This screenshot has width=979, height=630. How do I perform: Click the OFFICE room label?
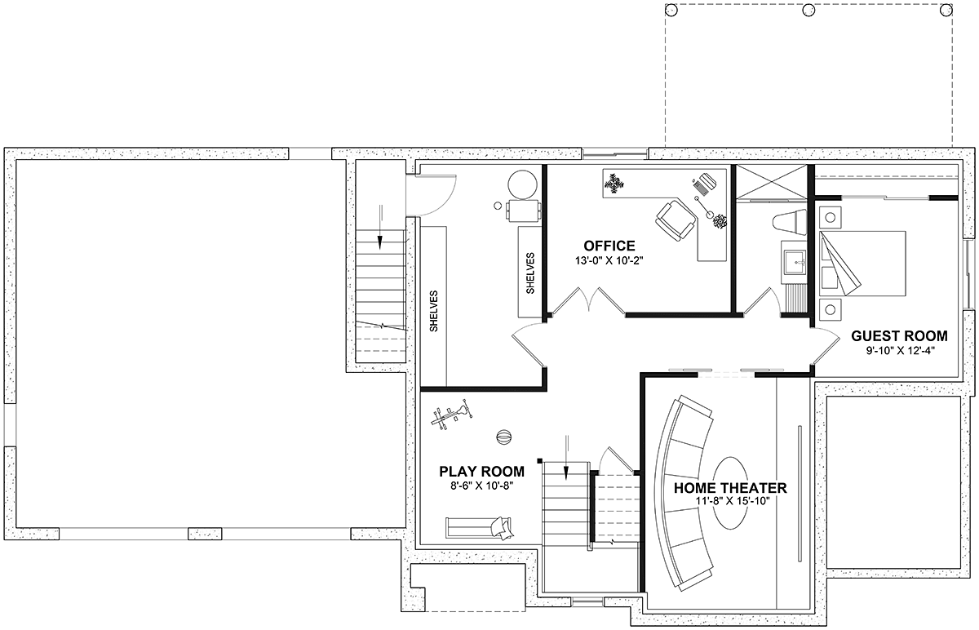point(609,246)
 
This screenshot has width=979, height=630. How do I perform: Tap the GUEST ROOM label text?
point(899,335)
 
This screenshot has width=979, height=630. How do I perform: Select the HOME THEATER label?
point(730,488)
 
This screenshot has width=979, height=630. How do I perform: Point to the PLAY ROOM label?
point(481,472)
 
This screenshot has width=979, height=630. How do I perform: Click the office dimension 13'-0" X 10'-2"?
point(609,261)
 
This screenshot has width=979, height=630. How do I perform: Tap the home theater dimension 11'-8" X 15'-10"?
point(733,501)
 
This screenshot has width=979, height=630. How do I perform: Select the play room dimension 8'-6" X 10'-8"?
point(481,486)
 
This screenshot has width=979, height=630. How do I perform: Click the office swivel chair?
point(676,219)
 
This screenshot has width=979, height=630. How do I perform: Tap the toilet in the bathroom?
point(790,221)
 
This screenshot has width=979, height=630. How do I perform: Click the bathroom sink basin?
point(795,261)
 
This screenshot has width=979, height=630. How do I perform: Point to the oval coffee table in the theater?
point(730,493)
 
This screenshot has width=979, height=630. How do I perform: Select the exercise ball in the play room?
point(503,437)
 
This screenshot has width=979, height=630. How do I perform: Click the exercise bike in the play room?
point(451,415)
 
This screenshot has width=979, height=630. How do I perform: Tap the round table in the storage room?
point(522,185)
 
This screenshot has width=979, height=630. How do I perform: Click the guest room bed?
point(862,264)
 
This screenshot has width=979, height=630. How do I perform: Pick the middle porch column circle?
point(808,10)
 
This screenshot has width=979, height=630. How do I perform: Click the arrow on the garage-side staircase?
point(380,227)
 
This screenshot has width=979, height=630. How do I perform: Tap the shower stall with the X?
point(772,182)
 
